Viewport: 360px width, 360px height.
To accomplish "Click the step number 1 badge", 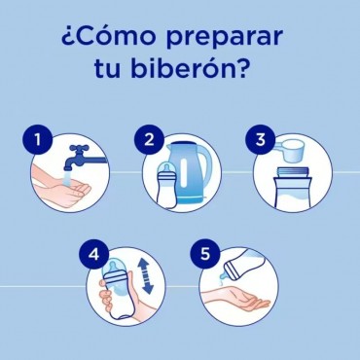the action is click(x=38, y=140).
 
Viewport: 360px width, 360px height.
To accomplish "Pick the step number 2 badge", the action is click(x=149, y=140).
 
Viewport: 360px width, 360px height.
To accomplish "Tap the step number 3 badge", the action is click(x=261, y=140).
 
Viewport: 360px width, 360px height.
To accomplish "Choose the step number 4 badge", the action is click(x=93, y=255).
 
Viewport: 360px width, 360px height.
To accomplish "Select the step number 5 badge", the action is click(x=205, y=255).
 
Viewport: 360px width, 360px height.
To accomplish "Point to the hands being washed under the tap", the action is click(x=60, y=187).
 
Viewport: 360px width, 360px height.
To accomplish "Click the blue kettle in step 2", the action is click(x=189, y=172).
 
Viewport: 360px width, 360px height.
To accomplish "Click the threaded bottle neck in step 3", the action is click(x=294, y=172).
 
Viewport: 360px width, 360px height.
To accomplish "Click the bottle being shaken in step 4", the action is click(x=117, y=288).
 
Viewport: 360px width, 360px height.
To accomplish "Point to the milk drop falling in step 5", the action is click(x=223, y=278).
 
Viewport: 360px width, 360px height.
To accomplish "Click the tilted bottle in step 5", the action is click(x=244, y=264).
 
